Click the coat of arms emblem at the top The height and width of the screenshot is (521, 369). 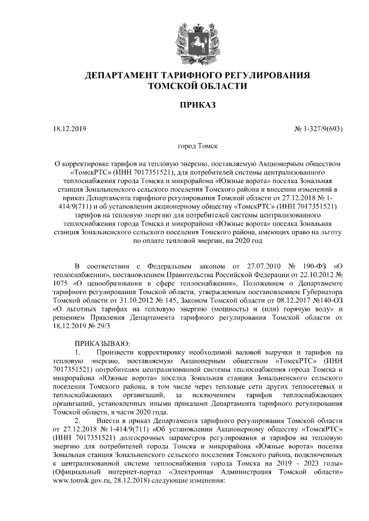pos(184,38)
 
